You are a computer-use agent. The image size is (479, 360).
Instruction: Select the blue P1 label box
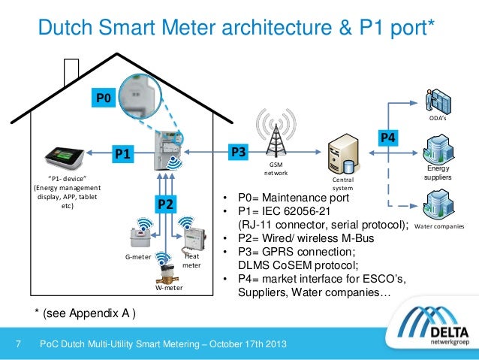click(122, 154)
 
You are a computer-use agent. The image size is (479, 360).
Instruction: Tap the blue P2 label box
click(166, 204)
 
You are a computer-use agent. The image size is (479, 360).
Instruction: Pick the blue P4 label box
click(388, 137)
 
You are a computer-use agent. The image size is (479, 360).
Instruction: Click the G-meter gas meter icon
click(140, 239)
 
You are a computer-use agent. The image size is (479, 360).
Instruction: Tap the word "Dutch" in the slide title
click(69, 29)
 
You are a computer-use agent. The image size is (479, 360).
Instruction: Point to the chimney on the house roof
click(73, 68)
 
